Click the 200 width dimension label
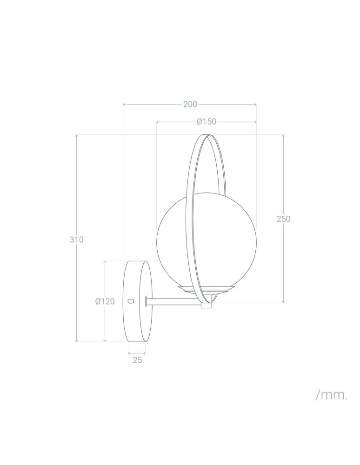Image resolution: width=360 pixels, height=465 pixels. pos(190,104)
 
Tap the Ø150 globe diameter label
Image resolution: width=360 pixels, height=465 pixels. pos(207,122)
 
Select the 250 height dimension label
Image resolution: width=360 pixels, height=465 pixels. pos(283,219)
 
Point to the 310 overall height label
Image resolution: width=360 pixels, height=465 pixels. pos(77,240)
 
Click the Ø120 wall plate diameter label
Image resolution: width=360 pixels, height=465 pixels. pos(105,301)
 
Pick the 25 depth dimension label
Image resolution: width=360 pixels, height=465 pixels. pos(137,360)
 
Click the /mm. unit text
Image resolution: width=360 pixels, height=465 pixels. pos(331,396)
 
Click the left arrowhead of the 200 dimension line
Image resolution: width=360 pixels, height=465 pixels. pos(124,105)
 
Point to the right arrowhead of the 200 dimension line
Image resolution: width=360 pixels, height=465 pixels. pos(255,105)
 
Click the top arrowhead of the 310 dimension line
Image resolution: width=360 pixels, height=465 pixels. pos(77,136)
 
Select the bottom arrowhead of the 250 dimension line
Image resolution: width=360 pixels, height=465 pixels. pos(283,301)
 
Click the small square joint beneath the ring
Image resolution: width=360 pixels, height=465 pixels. pos(206,306)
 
